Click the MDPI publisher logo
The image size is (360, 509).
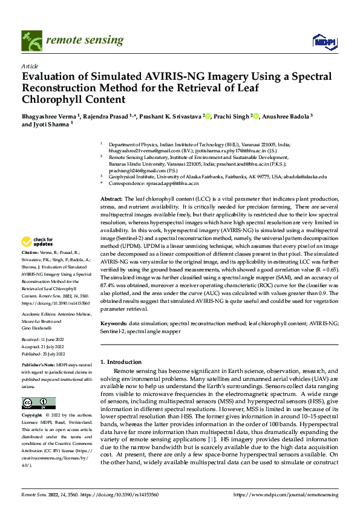point(322,41)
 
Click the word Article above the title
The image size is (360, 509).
point(30,66)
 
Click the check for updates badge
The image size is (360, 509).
point(39,242)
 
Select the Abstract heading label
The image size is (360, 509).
point(111,199)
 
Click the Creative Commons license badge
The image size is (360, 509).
point(38,403)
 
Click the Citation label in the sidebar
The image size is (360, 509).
point(30,251)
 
